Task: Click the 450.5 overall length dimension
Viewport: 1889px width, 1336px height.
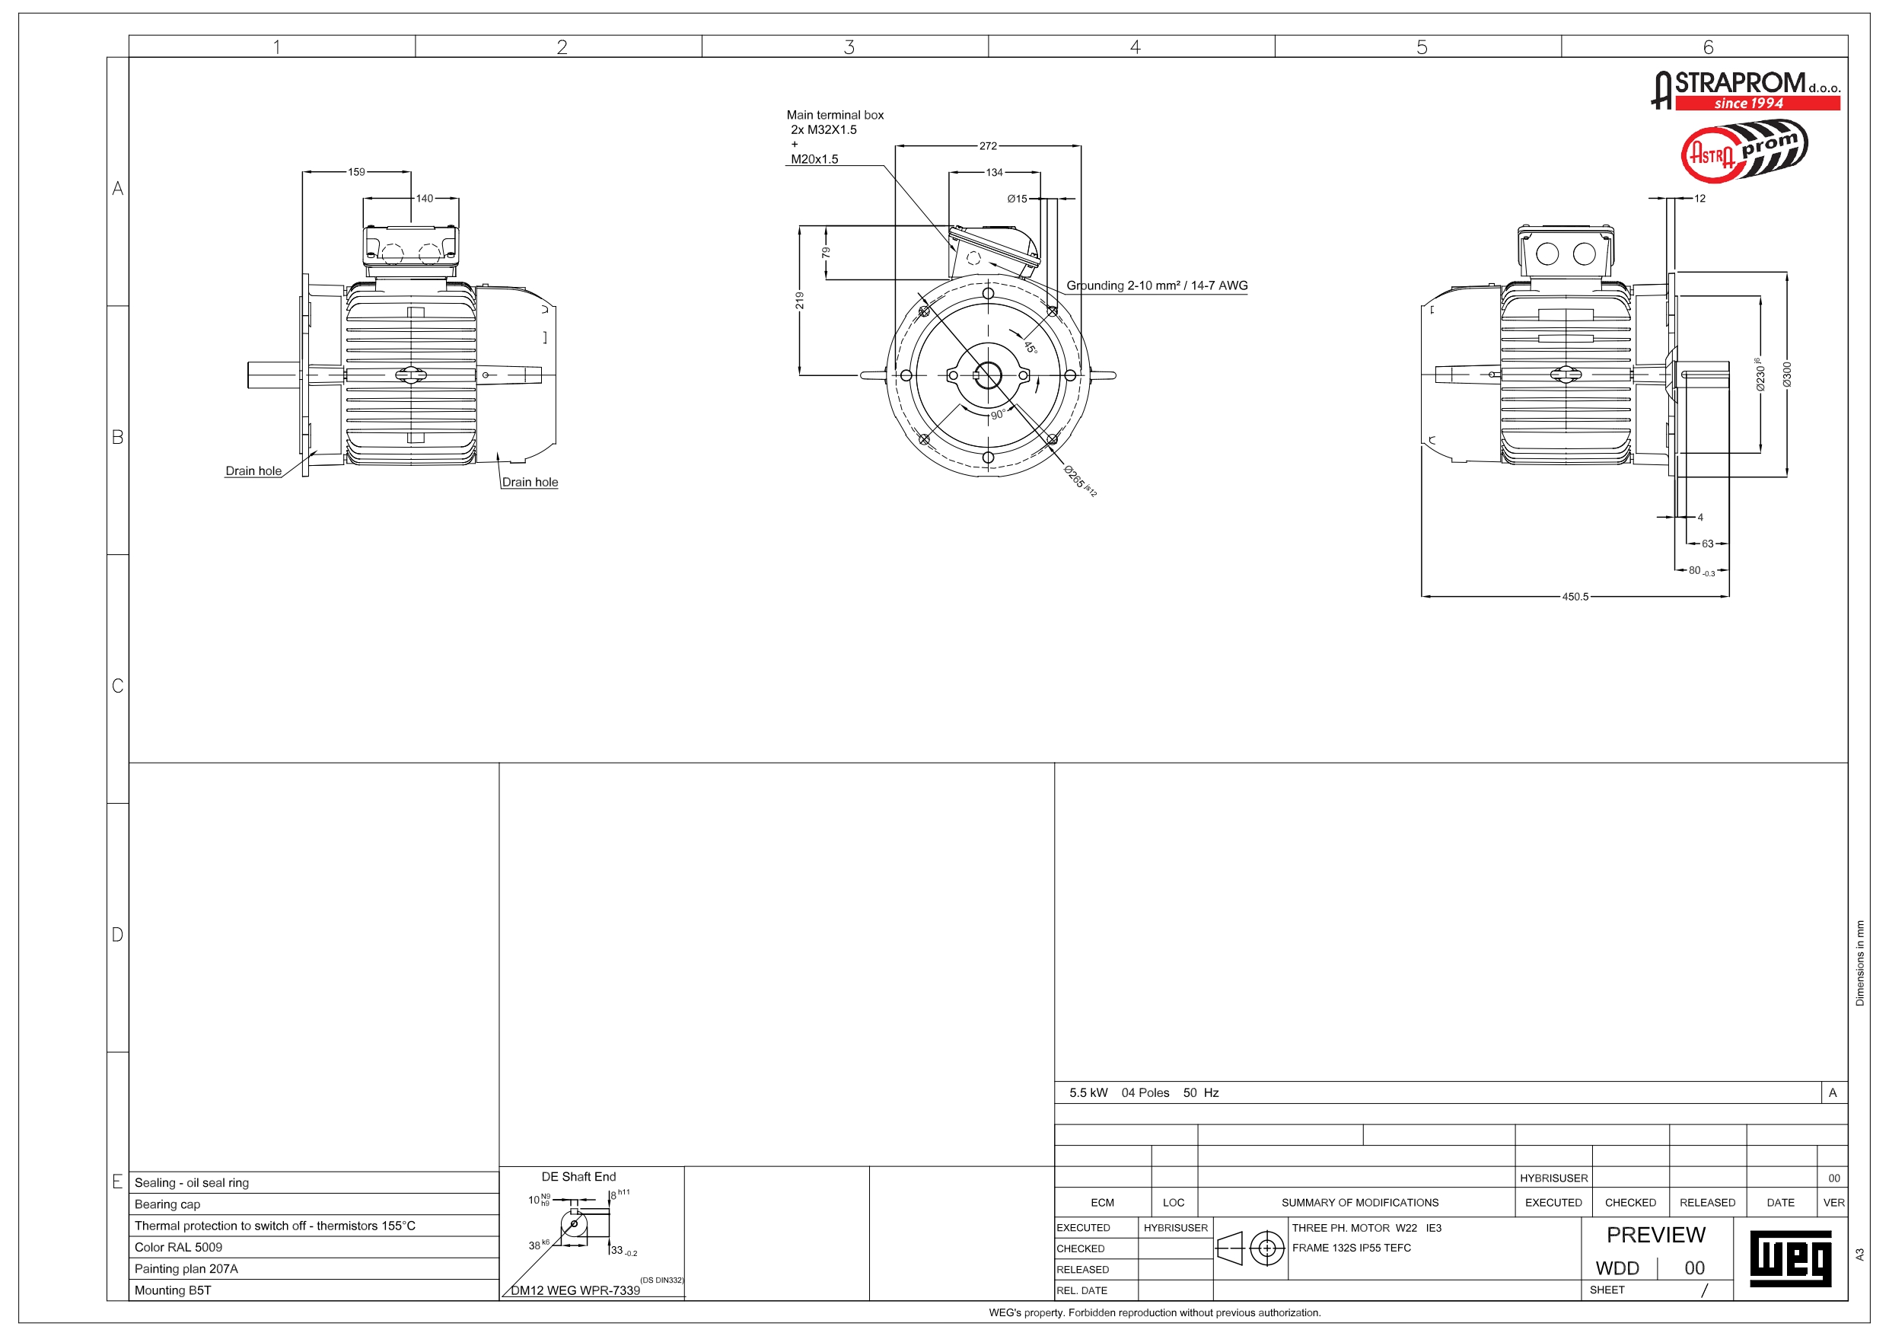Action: [1575, 597]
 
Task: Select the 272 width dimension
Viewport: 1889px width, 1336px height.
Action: [987, 146]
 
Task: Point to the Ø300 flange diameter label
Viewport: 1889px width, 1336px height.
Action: [1786, 375]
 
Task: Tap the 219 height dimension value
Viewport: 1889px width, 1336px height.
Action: [800, 301]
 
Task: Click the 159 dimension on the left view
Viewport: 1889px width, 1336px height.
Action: [356, 172]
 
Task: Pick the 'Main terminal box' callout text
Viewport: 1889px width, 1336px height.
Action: [834, 115]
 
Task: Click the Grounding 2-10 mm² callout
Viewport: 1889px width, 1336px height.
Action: [1156, 285]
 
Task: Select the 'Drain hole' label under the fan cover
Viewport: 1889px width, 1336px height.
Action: [530, 483]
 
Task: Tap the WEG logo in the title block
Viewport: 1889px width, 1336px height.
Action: [1790, 1258]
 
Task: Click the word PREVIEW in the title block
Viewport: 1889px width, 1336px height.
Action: [1655, 1235]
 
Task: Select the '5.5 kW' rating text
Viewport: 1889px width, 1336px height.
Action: [1088, 1093]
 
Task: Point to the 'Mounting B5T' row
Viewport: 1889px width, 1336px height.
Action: [173, 1290]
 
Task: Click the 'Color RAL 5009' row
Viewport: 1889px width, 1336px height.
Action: [179, 1247]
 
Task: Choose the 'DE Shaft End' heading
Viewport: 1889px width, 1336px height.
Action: [578, 1177]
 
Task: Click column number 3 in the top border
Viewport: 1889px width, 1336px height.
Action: [849, 47]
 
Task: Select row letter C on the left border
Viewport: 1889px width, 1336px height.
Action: [118, 686]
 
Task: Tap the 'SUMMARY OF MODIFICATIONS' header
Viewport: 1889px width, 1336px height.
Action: [1359, 1203]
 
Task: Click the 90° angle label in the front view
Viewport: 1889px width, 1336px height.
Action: [997, 415]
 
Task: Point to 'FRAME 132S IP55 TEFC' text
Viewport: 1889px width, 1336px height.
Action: [1351, 1248]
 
